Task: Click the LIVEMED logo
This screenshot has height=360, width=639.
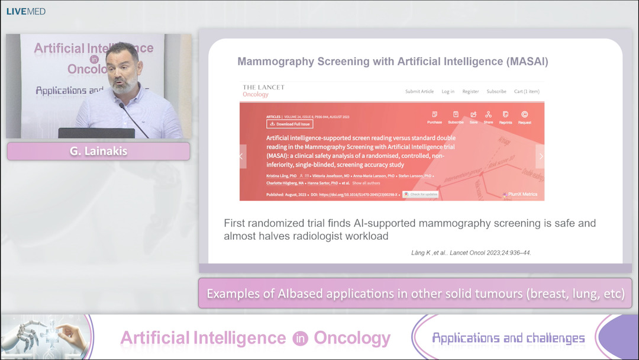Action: tap(26, 11)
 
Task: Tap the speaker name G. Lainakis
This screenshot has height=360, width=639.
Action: tap(98, 151)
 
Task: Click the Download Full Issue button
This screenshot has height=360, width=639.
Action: tap(290, 124)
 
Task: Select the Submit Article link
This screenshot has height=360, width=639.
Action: tap(419, 91)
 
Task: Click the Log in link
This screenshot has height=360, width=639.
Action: tap(448, 91)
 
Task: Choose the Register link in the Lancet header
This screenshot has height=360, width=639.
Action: tap(470, 91)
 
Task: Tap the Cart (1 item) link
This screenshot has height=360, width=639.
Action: tap(527, 91)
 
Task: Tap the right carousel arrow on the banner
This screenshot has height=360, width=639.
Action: tap(540, 156)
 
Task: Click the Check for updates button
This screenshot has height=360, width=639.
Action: tap(420, 194)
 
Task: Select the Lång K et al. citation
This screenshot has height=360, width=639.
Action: tap(471, 253)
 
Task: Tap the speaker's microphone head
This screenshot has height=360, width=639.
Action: tap(122, 106)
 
